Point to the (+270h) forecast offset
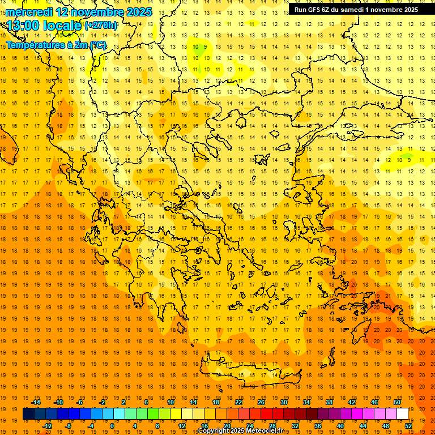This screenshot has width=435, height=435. tap(101, 25)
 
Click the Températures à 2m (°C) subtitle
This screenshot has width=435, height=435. tap(56, 45)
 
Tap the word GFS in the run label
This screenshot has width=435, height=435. tap(312, 10)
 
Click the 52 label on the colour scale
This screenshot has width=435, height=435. tap(409, 426)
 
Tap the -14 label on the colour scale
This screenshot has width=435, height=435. tap(36, 402)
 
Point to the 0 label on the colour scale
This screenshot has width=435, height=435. tap(112, 426)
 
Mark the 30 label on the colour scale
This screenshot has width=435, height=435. tap(284, 402)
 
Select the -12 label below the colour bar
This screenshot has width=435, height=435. tap(47, 426)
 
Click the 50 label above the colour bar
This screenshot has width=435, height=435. tap(396, 402)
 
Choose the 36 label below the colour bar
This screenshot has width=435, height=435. tap(318, 426)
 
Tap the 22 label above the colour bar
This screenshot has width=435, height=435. tap(238, 402)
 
